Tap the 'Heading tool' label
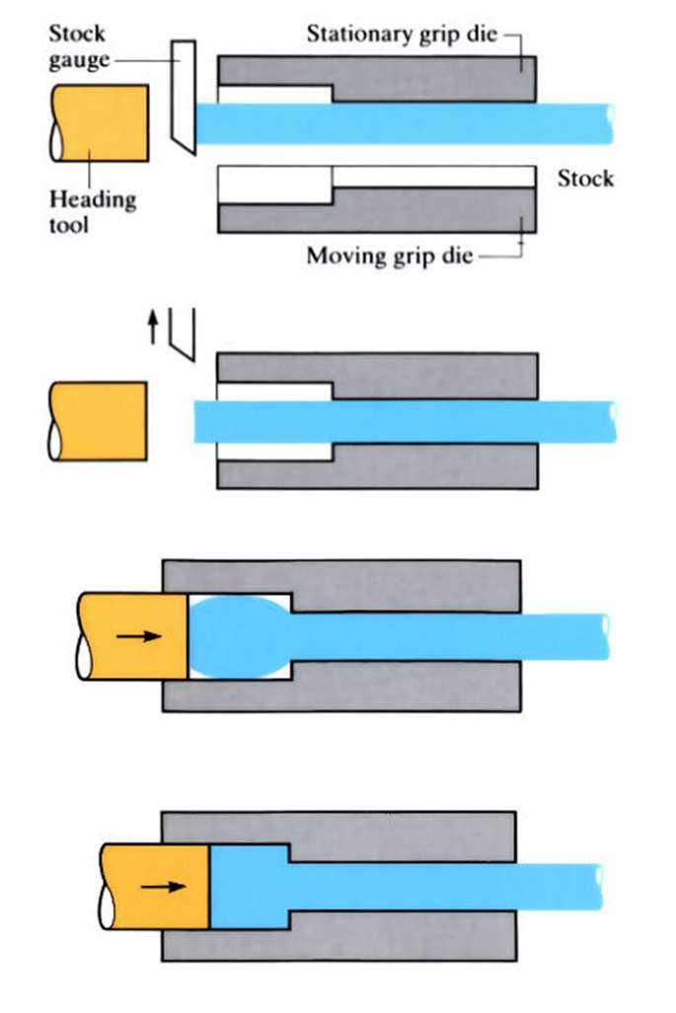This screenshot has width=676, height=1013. click(92, 211)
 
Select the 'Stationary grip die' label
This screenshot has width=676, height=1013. click(402, 36)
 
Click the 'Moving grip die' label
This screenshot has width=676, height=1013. click(389, 256)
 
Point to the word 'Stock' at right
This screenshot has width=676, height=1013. click(585, 179)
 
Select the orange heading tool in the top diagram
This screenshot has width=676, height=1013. click(100, 122)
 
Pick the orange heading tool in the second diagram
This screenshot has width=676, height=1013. click(98, 421)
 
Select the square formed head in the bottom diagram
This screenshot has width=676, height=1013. click(249, 886)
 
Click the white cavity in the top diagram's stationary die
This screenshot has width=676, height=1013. click(274, 95)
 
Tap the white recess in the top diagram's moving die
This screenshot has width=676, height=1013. click(274, 183)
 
